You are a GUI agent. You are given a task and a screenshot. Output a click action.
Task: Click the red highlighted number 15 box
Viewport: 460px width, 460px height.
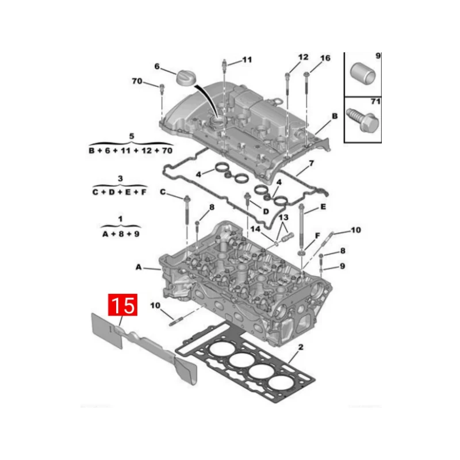tap(122, 305)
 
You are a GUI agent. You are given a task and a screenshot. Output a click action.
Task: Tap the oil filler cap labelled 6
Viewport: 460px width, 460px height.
tap(186, 78)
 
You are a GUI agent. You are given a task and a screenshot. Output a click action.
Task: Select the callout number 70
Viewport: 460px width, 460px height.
tap(137, 81)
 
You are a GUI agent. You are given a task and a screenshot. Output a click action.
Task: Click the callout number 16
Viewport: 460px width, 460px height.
tap(325, 58)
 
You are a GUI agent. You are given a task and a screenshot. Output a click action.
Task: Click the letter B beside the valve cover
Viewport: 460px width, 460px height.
tap(335, 116)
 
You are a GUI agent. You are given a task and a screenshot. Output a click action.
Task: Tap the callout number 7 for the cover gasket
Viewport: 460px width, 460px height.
tap(311, 163)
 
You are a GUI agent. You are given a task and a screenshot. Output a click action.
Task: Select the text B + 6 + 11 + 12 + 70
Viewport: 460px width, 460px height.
tap(131, 151)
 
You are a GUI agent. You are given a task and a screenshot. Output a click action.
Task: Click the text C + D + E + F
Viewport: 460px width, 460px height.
tap(120, 192)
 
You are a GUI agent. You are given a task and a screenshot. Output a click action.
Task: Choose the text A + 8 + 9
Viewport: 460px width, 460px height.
tap(121, 234)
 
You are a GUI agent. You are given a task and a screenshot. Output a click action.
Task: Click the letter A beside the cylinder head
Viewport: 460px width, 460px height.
tap(139, 267)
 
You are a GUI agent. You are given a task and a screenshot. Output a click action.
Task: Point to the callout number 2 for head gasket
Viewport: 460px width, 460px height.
tap(301, 347)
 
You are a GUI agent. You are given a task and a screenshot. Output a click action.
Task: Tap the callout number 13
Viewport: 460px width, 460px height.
tap(283, 217)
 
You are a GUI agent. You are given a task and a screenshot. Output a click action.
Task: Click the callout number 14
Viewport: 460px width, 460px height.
tap(255, 229)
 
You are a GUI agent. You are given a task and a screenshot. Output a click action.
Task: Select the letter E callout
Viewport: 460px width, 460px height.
tap(323, 207)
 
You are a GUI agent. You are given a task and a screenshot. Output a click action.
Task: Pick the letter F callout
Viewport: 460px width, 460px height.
tap(317, 236)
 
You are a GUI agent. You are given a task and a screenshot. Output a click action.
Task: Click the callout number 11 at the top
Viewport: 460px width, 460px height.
tap(247, 60)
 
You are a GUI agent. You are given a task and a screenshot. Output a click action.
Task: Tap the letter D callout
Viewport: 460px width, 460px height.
tap(266, 212)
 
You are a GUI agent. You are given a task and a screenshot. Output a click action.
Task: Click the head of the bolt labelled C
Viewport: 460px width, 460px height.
tap(187, 198)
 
